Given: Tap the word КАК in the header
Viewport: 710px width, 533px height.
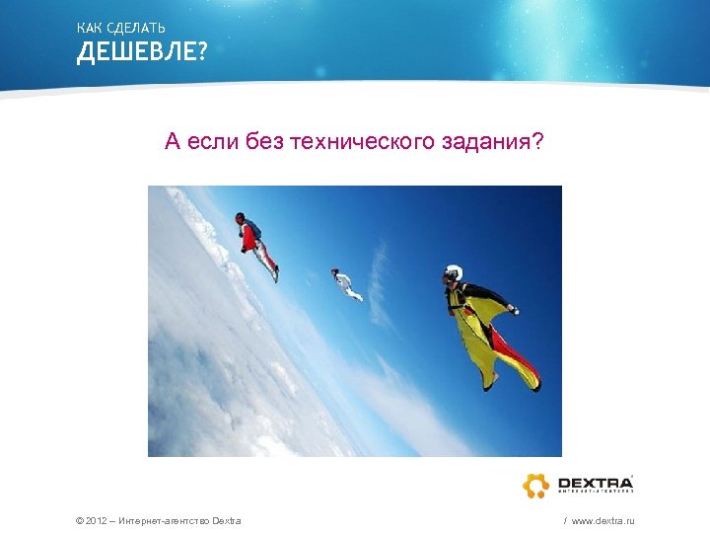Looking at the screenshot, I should [89, 27].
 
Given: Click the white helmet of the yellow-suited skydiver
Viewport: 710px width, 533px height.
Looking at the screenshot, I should [453, 272].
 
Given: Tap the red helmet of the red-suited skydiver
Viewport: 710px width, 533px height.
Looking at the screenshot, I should [240, 216].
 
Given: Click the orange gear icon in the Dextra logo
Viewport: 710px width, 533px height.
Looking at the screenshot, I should [535, 486].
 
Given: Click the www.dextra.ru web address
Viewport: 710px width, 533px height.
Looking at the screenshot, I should [603, 520].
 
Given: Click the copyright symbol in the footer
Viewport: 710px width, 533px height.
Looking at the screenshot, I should [79, 520].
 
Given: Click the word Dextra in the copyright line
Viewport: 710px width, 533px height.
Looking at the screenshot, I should [227, 520].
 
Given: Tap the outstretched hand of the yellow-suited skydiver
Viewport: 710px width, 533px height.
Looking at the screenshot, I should [513, 311].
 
